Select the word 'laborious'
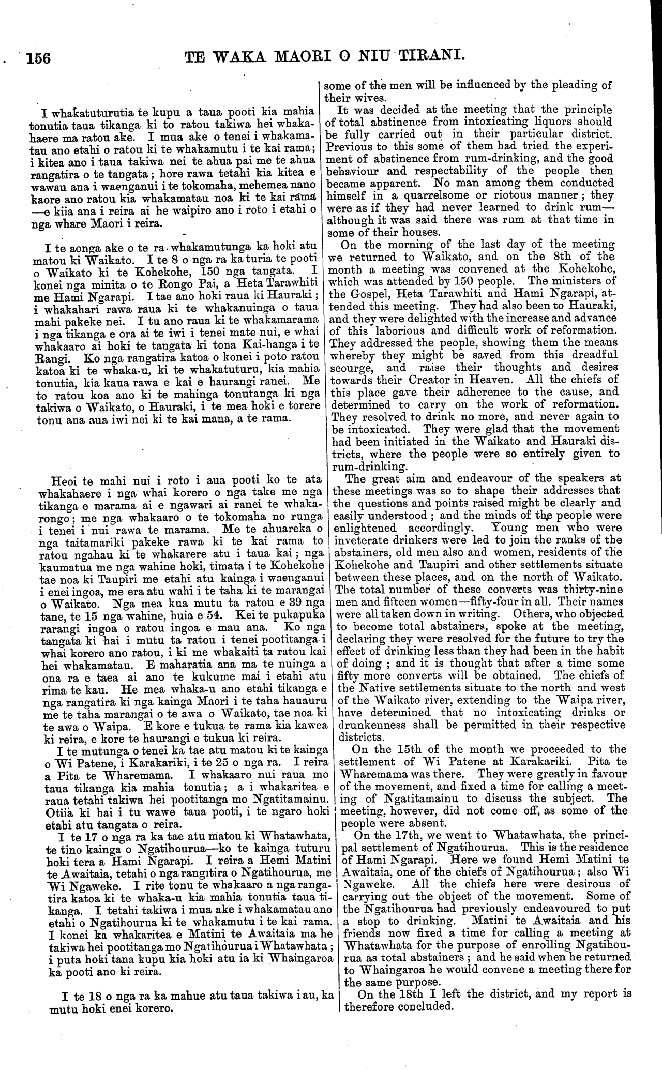pyautogui.click(x=398, y=330)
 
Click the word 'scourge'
pyautogui.click(x=354, y=368)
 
